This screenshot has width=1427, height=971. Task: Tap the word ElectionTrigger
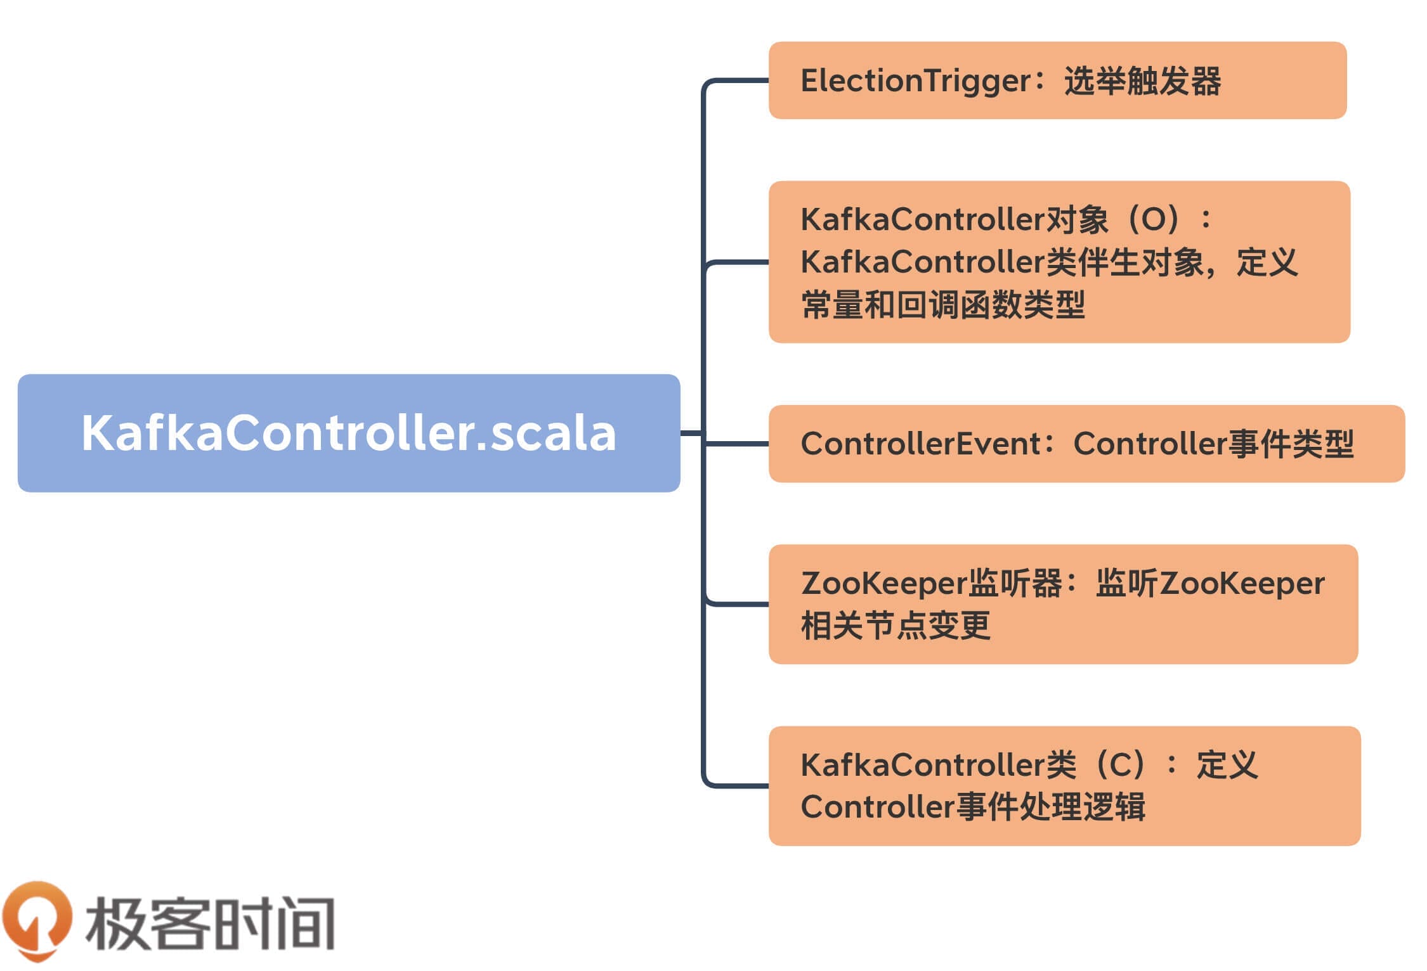[916, 82]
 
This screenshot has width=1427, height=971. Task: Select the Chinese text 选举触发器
[1142, 82]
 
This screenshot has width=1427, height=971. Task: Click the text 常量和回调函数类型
[942, 305]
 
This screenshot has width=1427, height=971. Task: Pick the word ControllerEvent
[920, 444]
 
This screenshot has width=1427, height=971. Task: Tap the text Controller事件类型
[1213, 444]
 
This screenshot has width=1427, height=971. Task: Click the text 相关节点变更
[895, 626]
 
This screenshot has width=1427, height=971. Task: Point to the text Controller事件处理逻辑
[972, 807]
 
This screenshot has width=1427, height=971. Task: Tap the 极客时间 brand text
[210, 923]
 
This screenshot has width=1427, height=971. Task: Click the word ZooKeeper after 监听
[1242, 584]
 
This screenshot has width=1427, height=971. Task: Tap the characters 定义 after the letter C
[1227, 765]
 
